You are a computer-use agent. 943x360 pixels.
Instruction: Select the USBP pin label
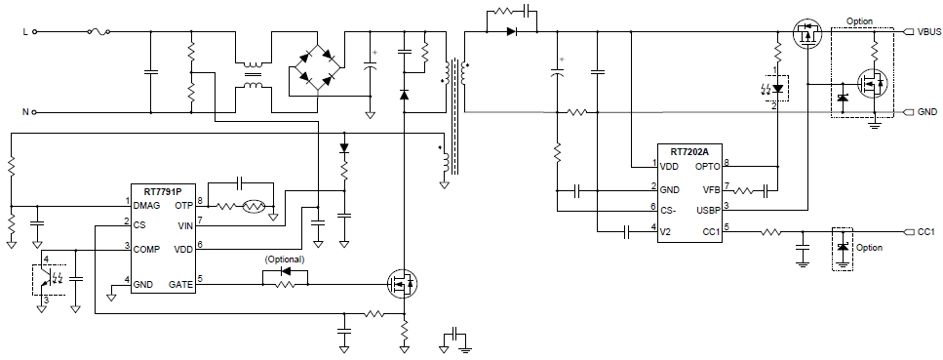(706, 207)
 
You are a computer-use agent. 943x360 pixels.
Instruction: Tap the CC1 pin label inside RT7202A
(710, 230)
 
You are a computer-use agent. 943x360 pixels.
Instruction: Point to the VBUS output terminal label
(928, 31)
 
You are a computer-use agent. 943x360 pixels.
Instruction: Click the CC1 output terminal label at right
(926, 231)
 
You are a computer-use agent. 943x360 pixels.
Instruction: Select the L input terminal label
(24, 31)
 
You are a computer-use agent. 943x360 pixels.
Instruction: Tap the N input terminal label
(24, 112)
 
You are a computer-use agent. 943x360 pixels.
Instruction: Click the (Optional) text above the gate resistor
(285, 260)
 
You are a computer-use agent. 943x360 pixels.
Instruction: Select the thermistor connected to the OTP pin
(254, 208)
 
